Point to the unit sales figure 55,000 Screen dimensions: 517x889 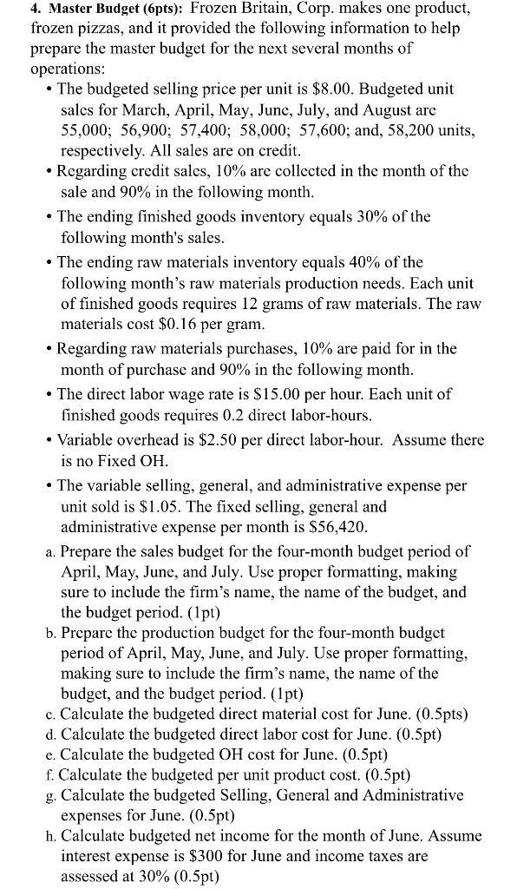pyautogui.click(x=85, y=131)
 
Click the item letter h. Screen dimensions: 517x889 pyautogui.click(x=52, y=837)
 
